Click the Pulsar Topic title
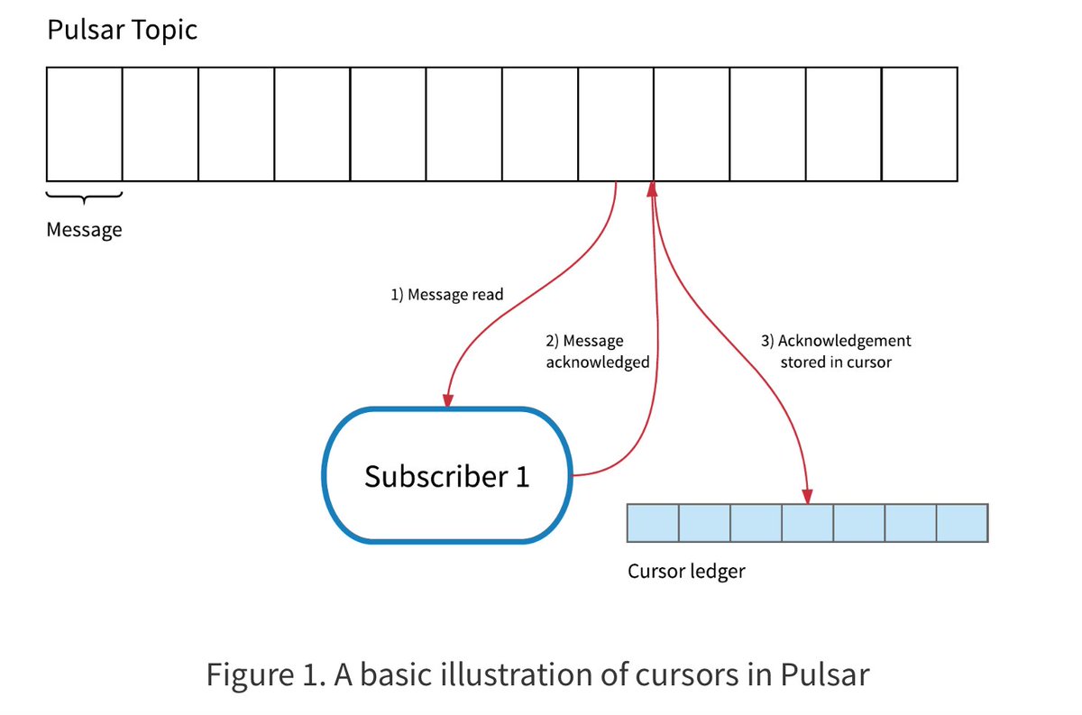pyautogui.click(x=122, y=31)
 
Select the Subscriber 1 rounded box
pyautogui.click(x=446, y=476)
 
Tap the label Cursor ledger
pyautogui.click(x=686, y=571)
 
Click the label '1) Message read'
pyautogui.click(x=447, y=295)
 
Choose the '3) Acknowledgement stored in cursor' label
pyautogui.click(x=836, y=352)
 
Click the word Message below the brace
pyautogui.click(x=84, y=230)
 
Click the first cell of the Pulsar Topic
pyautogui.click(x=84, y=124)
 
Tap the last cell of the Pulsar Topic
pyautogui.click(x=919, y=124)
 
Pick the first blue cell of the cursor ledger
pyautogui.click(x=652, y=522)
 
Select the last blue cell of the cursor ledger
pyautogui.click(x=962, y=522)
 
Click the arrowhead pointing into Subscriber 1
pyautogui.click(x=447, y=399)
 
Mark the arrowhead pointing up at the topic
pyautogui.click(x=652, y=188)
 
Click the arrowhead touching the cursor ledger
pyautogui.click(x=807, y=496)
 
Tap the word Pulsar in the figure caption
pyautogui.click(x=823, y=674)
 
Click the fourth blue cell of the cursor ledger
pyautogui.click(x=807, y=522)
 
